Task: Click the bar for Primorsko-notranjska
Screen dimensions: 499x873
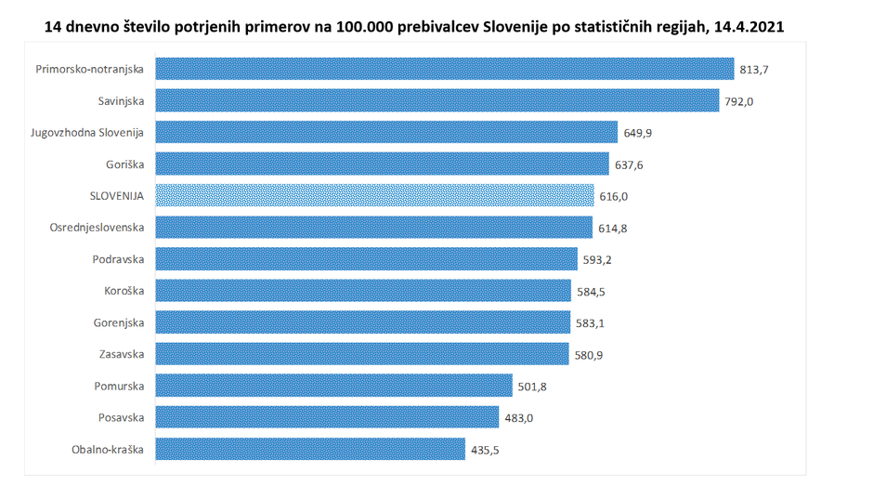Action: (445, 69)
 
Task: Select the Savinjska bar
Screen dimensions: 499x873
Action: (436, 100)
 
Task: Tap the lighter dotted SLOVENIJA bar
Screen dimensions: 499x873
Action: (374, 195)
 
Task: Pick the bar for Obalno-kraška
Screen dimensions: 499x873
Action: (310, 450)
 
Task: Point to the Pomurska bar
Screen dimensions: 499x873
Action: (333, 386)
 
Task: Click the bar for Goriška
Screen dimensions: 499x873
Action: (382, 164)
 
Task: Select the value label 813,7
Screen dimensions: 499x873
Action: (753, 70)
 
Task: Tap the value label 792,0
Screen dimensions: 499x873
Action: (739, 101)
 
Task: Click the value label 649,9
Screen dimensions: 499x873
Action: (637, 133)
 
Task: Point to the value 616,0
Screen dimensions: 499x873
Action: (614, 196)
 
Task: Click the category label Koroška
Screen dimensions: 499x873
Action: (125, 291)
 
